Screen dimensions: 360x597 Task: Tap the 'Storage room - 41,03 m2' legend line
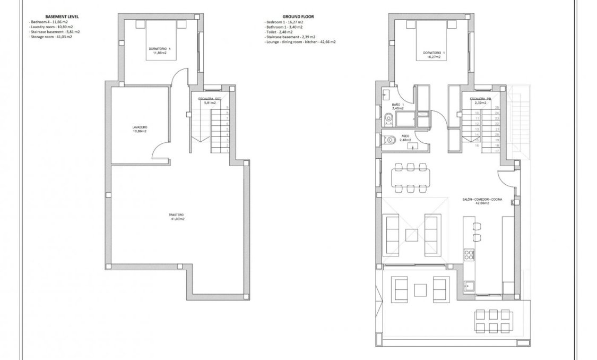pyautogui.click(x=51, y=37)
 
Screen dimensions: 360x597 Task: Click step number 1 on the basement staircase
pyautogui.click(x=227, y=151)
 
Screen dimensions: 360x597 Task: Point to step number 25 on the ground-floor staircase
pyautogui.click(x=496, y=108)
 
